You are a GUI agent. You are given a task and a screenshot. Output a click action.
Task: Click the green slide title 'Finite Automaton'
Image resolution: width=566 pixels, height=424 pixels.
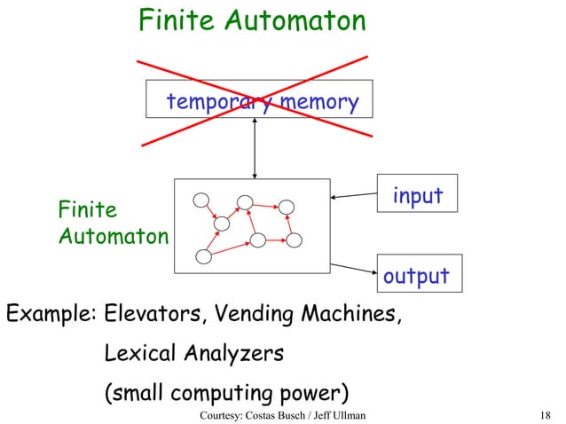click(252, 21)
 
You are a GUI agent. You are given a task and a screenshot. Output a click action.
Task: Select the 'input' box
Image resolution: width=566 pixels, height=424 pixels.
click(417, 195)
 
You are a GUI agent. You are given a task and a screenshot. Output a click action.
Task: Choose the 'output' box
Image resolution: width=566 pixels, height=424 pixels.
click(416, 275)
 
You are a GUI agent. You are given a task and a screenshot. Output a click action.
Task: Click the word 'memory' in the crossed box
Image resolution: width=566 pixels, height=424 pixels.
click(318, 104)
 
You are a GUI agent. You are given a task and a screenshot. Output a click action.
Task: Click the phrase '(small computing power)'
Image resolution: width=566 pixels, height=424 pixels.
click(225, 392)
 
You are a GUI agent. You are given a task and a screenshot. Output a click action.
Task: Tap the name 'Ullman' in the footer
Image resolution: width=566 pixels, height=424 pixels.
click(347, 414)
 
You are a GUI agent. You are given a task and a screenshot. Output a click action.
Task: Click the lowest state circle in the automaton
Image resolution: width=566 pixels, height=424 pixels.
click(203, 257)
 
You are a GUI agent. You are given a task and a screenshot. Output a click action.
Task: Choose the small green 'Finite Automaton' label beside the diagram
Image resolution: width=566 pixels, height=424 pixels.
click(111, 224)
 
